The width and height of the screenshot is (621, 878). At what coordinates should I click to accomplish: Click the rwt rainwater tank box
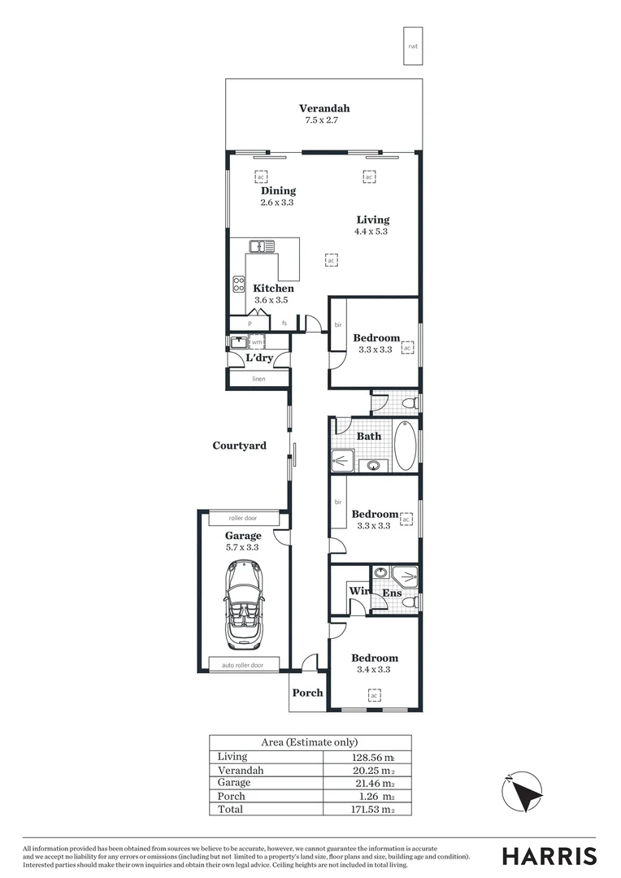coord(413,46)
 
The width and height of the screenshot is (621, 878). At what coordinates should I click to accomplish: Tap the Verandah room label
coord(324,108)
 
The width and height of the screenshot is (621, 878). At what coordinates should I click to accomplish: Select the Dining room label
coord(278,191)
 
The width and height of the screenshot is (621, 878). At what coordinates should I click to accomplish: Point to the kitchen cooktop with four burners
coord(240,285)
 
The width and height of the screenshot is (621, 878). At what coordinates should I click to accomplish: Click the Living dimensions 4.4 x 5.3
coord(371,231)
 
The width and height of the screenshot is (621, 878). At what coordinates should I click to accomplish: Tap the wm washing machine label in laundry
coord(256,343)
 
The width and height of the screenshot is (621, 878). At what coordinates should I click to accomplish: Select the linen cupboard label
coord(258,379)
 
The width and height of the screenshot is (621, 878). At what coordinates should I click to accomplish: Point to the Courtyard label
coord(239,446)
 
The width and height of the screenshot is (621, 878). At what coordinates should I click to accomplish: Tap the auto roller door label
coord(243,665)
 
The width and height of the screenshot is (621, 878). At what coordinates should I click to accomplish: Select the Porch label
coord(308,693)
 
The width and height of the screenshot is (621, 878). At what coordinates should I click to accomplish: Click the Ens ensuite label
coord(392,593)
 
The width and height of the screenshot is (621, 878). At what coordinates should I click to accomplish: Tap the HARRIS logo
coord(549,856)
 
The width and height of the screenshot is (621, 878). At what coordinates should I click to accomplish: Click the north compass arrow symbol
coord(520,791)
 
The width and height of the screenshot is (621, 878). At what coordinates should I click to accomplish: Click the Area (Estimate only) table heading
coord(309,742)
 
